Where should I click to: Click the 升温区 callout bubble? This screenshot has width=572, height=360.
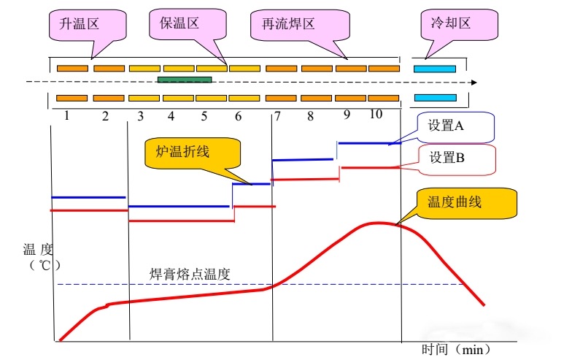[82, 25]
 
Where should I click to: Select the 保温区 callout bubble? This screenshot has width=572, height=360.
[179, 25]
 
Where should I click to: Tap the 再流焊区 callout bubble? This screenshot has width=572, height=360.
[287, 25]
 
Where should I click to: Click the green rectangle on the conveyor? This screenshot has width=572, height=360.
[185, 79]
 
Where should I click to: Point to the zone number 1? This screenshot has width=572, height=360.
[66, 115]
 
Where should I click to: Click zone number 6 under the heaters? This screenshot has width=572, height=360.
[238, 116]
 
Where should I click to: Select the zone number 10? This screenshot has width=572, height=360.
[375, 114]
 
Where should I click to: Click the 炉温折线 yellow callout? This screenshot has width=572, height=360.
[183, 152]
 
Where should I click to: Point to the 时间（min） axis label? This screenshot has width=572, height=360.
[457, 349]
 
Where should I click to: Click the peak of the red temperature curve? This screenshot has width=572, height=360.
[375, 223]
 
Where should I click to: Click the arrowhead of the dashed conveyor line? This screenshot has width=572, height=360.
[474, 83]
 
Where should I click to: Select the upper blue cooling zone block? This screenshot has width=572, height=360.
[435, 69]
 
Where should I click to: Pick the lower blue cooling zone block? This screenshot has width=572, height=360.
[435, 97]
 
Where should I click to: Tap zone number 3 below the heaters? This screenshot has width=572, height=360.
[140, 116]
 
